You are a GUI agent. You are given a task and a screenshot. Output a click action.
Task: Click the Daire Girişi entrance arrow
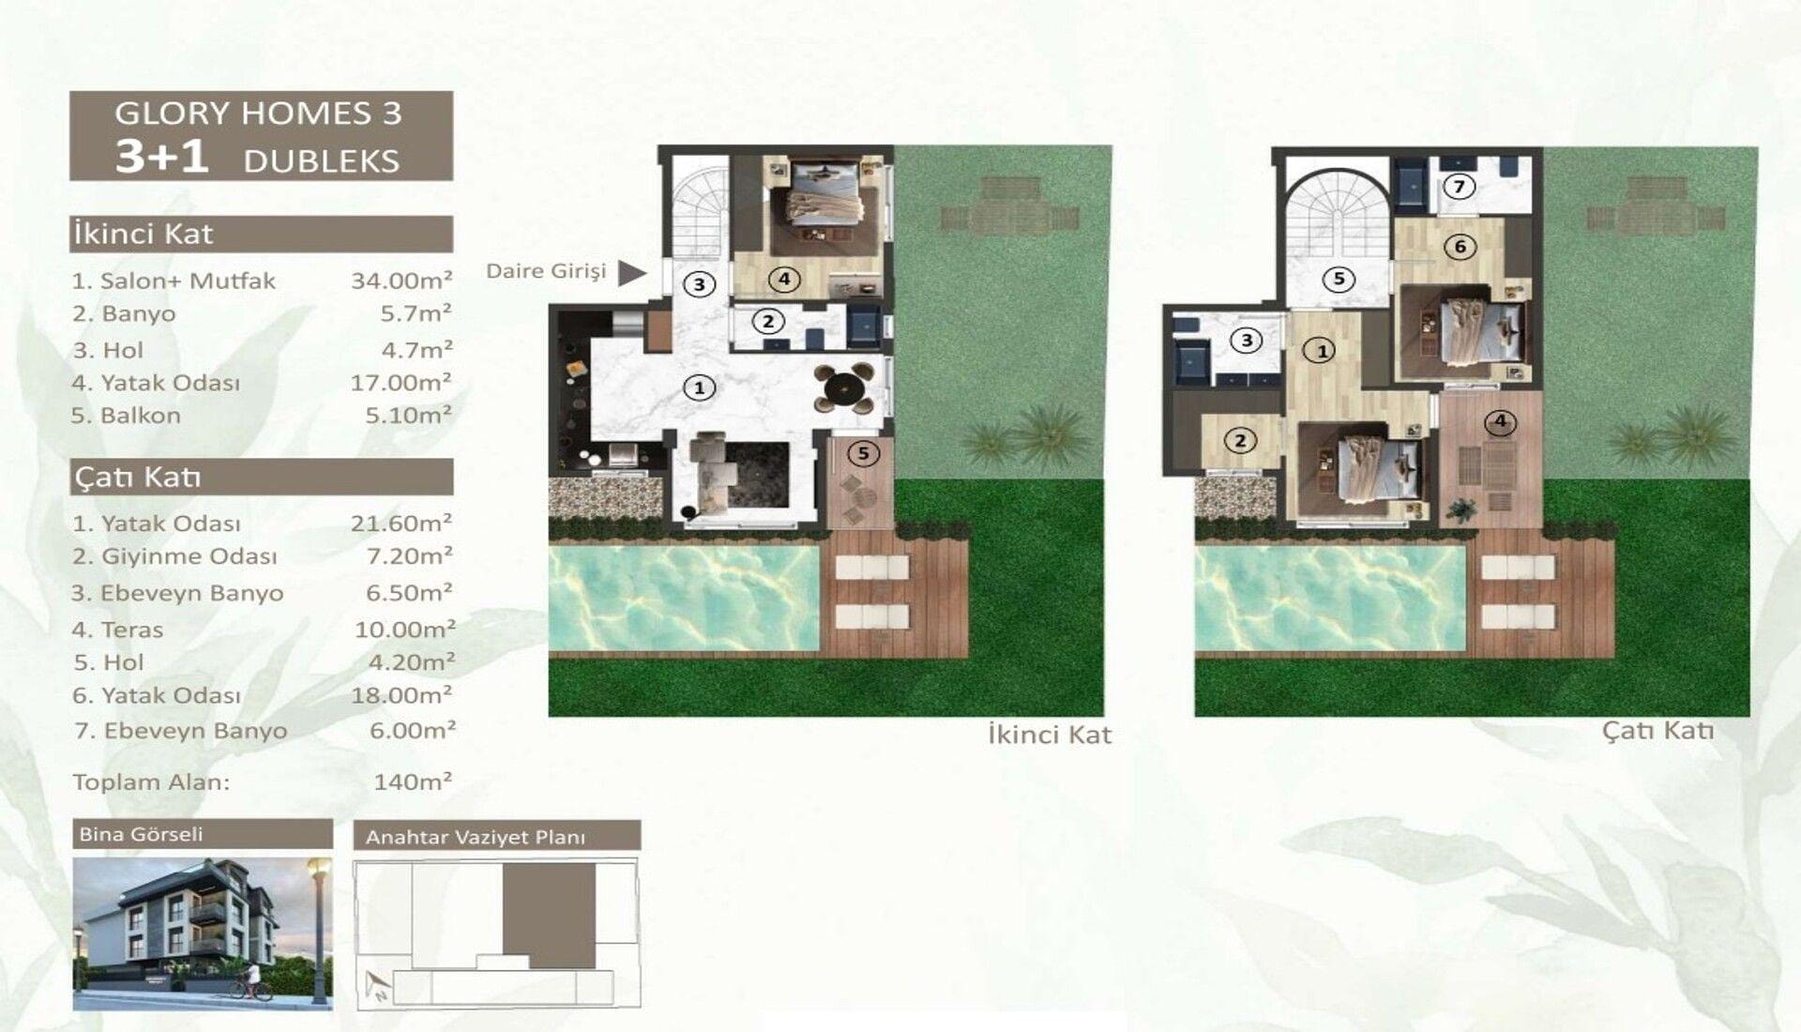coord(632,273)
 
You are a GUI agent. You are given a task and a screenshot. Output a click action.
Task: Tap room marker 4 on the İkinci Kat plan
coord(784,279)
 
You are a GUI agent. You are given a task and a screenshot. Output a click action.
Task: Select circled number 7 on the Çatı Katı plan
coord(1459,187)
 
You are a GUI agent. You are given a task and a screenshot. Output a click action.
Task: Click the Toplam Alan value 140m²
coord(413,781)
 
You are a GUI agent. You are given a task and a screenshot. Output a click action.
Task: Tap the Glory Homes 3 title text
coord(258,114)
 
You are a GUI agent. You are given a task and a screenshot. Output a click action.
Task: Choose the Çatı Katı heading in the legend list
coord(138,478)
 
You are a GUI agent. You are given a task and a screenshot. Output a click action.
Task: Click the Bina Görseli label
coord(141,834)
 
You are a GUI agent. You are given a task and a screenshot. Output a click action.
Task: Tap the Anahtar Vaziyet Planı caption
coord(476,837)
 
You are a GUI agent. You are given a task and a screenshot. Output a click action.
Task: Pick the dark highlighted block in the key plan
coord(549,916)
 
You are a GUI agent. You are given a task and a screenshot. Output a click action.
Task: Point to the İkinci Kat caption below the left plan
coord(1050,734)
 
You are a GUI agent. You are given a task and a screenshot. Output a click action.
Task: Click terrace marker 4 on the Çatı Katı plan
coord(1500,422)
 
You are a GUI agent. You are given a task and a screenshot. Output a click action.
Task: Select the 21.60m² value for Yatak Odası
coord(401,523)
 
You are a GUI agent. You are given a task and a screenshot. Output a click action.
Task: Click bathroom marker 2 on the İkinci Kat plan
coord(768,322)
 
